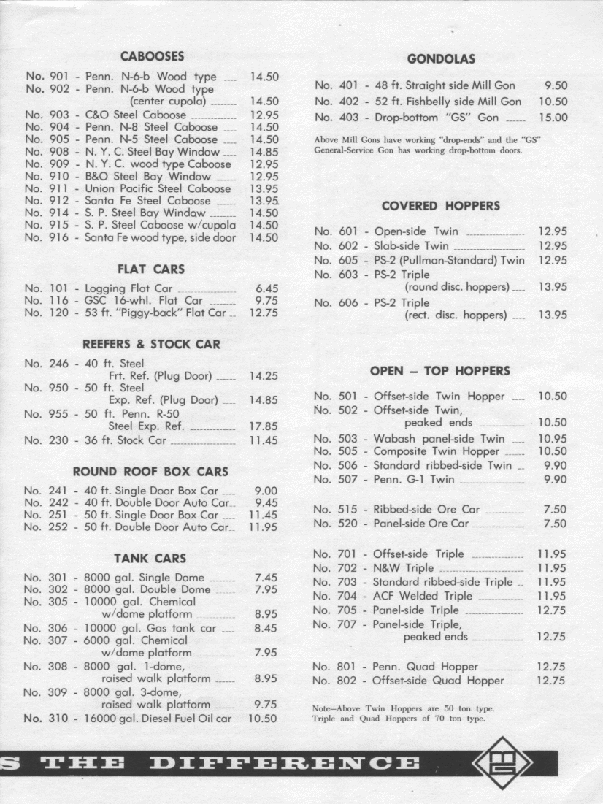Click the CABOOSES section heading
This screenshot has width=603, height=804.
pyautogui.click(x=152, y=56)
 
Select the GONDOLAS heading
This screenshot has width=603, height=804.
pyautogui.click(x=441, y=58)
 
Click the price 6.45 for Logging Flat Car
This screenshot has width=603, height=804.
pyautogui.click(x=265, y=289)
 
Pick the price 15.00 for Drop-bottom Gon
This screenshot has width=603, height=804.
pyautogui.click(x=553, y=118)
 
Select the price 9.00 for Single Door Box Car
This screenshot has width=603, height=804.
pyautogui.click(x=265, y=491)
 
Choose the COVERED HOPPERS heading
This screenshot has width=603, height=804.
pyautogui.click(x=440, y=206)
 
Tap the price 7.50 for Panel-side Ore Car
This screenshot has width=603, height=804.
pyautogui.click(x=555, y=524)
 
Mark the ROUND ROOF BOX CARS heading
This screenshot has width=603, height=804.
pyautogui.click(x=150, y=472)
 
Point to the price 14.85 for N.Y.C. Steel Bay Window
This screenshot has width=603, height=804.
pyautogui.click(x=264, y=152)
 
